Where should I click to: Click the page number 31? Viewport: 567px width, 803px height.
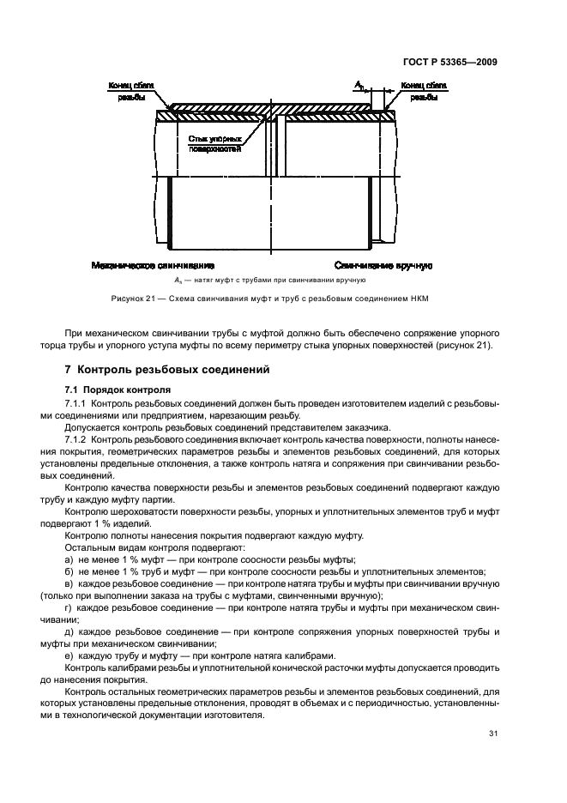pos(493,733)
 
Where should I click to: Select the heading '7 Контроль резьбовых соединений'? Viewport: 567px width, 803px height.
pos(167,371)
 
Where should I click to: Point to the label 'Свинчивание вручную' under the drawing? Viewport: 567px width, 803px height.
pos(383,267)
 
